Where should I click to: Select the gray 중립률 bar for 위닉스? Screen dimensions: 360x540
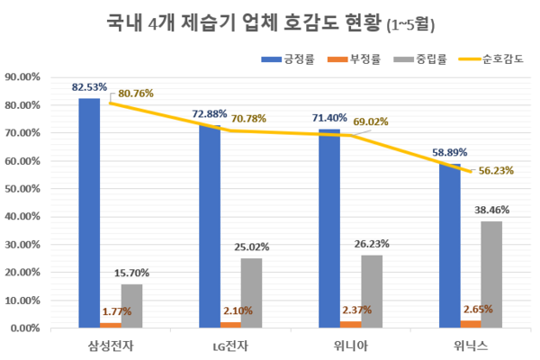[x=491, y=274]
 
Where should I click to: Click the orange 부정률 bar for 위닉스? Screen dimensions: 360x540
[x=472, y=324]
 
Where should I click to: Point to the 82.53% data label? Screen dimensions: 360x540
[x=89, y=85]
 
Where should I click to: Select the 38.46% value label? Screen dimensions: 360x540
[x=492, y=210]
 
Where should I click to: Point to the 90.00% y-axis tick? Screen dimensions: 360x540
[x=24, y=77]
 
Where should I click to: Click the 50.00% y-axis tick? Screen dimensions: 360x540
[x=24, y=189]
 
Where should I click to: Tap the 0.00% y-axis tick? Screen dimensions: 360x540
[x=27, y=328]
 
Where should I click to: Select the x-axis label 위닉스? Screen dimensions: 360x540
[x=472, y=346]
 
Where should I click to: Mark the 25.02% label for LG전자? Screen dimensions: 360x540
[x=252, y=247]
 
